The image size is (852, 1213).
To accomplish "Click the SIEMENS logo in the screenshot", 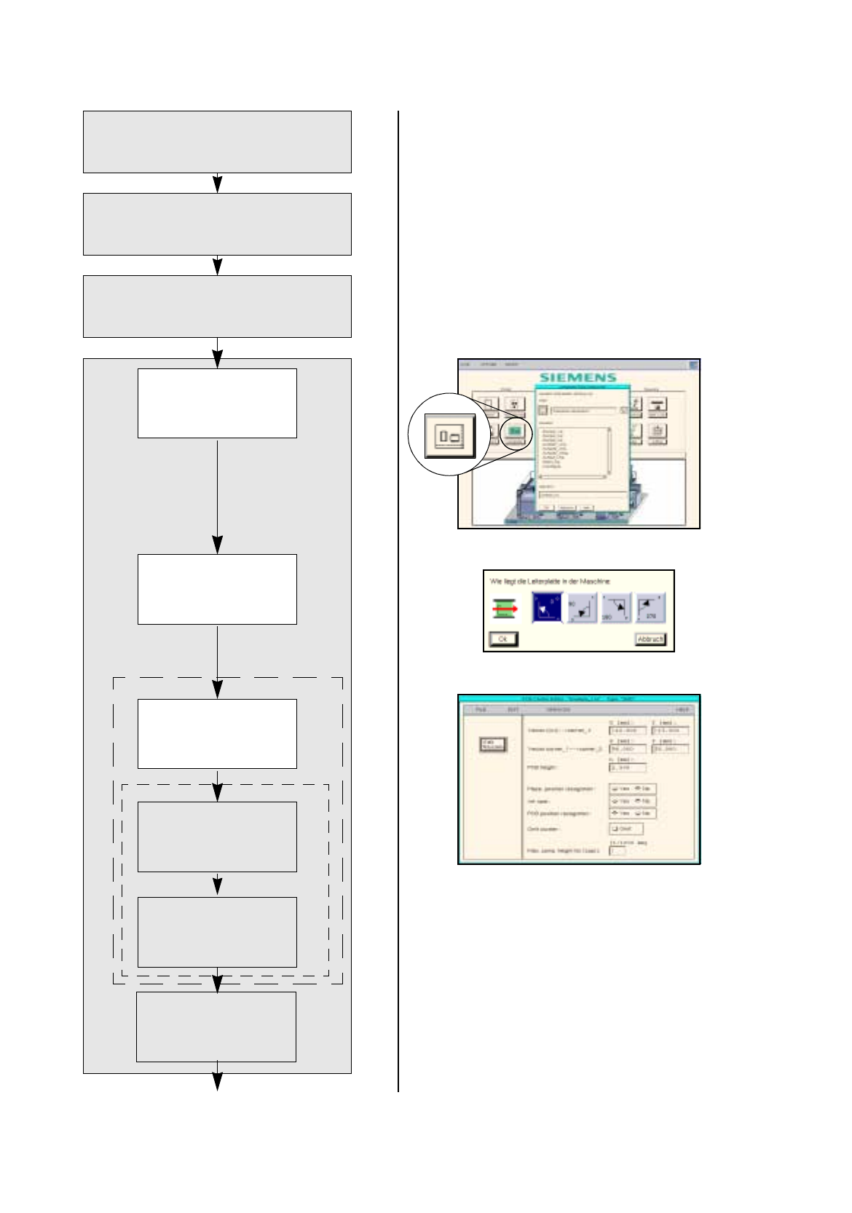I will [578, 377].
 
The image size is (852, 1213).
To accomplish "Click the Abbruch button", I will [650, 639].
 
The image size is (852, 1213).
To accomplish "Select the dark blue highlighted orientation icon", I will [547, 607].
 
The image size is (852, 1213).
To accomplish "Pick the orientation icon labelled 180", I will [616, 607].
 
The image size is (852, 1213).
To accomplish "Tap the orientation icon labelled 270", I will [650, 607].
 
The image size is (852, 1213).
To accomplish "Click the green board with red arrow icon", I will [503, 608].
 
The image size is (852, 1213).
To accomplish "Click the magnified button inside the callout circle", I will [450, 436].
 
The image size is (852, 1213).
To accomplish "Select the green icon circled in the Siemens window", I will [515, 431].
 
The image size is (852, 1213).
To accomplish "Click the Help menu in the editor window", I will [682, 709].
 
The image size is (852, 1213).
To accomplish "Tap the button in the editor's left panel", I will [492, 744].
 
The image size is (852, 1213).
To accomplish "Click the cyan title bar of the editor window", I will [578, 699].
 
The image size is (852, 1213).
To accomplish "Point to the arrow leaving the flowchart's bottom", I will [217, 1083].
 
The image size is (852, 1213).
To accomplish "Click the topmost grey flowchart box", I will [217, 142].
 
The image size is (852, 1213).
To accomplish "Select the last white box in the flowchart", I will [216, 1027].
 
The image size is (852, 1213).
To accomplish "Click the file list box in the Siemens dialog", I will [575, 451].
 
